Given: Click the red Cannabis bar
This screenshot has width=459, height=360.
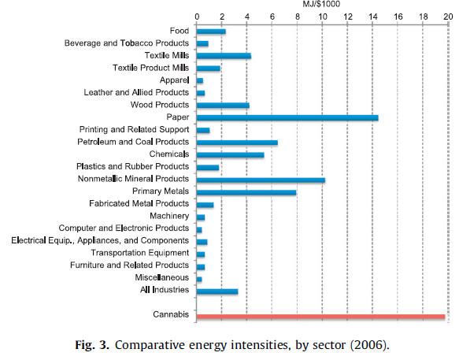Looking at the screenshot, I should click(x=320, y=317).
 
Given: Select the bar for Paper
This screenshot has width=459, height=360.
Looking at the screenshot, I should click(x=287, y=117).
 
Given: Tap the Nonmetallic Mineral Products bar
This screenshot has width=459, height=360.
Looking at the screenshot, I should click(x=260, y=180).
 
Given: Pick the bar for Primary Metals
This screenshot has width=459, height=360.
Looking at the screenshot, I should click(x=246, y=192).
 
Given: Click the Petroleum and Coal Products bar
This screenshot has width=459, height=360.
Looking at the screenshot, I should click(x=236, y=143).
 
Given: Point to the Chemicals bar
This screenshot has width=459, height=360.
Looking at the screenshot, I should click(x=230, y=155).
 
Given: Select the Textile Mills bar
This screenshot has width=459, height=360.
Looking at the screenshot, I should click(x=224, y=56).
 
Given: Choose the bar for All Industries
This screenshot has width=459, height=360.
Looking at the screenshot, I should click(x=217, y=291).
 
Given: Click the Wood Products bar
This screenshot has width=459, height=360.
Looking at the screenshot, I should click(x=223, y=105).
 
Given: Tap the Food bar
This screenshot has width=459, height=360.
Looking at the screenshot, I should click(x=211, y=32).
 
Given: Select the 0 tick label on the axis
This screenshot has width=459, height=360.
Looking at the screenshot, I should click(x=197, y=15).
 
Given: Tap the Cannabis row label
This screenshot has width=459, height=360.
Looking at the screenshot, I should click(x=171, y=316).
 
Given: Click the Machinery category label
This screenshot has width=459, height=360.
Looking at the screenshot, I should click(x=169, y=216).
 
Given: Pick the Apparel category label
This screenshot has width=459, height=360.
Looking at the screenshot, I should click(x=173, y=80).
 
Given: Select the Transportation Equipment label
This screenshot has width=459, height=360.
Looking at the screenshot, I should click(x=139, y=253).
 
